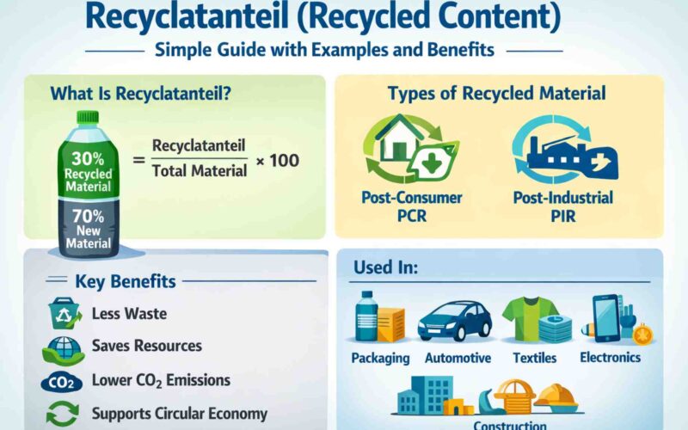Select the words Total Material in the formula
click(200, 171)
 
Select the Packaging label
click(379, 357)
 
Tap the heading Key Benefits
click(126, 282)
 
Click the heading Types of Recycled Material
click(498, 94)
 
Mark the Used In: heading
click(386, 267)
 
